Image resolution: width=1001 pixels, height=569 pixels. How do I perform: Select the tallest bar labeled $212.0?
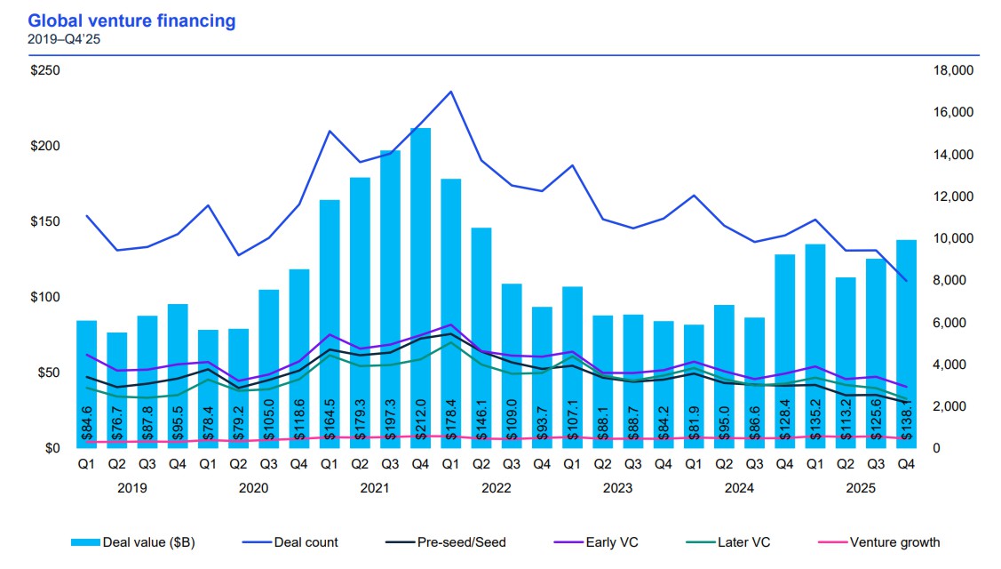point(421,284)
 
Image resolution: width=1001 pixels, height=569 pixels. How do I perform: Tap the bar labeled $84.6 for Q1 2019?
point(86,382)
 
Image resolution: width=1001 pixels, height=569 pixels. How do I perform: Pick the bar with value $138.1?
point(906,342)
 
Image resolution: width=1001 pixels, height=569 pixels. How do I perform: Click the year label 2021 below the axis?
point(374,488)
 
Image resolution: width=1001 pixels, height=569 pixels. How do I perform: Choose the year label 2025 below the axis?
point(861,488)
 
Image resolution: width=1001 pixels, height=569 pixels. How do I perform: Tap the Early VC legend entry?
point(612,542)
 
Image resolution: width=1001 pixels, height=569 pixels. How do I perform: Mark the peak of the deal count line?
point(451,92)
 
